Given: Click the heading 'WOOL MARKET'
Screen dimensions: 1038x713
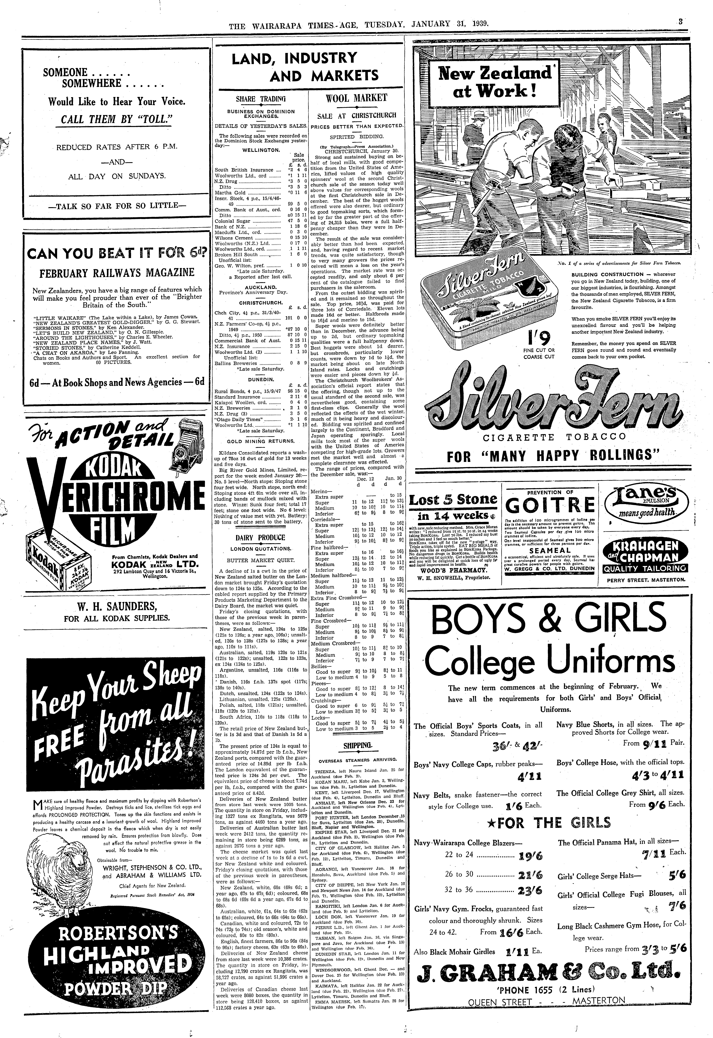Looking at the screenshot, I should [356, 98].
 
